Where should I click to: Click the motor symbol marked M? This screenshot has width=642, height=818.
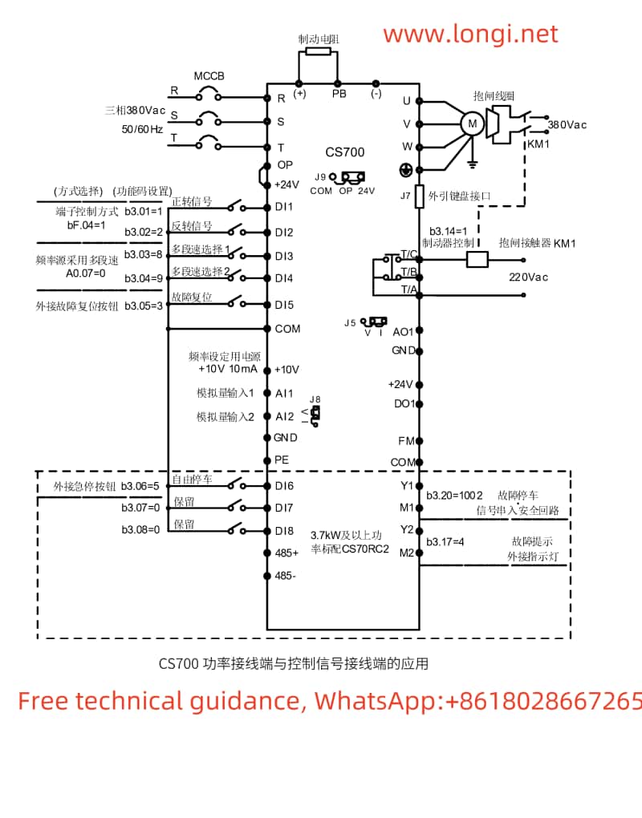(472, 124)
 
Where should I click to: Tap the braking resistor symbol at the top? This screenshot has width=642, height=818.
(318, 52)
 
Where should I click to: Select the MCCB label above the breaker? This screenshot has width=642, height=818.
(209, 76)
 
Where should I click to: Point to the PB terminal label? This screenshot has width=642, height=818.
(339, 93)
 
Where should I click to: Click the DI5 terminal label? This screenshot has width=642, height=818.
(284, 305)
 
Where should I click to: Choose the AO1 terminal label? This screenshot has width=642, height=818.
(402, 331)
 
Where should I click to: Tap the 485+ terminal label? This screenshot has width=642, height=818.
(286, 553)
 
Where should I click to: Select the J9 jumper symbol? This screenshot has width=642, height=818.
(351, 178)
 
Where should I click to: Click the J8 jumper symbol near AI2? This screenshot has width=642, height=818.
(316, 413)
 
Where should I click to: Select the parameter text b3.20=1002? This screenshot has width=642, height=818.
(454, 495)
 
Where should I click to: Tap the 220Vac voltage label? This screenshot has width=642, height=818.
(528, 277)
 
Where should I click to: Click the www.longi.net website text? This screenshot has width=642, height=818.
(469, 34)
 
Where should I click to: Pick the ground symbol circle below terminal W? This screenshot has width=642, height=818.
(406, 169)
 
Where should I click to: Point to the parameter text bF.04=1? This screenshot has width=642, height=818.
(86, 225)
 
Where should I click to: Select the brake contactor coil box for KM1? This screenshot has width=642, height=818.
(478, 259)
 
